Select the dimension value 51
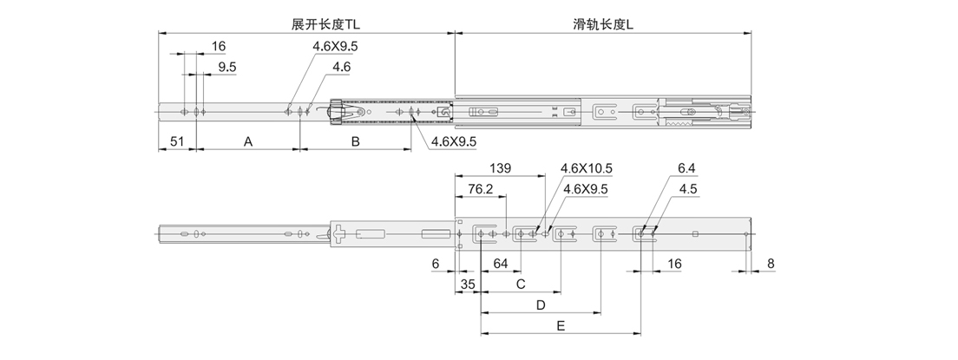tap(174, 141)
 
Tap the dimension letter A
tap(247, 141)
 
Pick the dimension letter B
tap(355, 141)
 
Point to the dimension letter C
tap(521, 284)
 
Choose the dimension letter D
tap(540, 305)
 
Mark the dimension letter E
tap(561, 326)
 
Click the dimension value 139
tap(502, 167)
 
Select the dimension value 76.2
tap(481, 188)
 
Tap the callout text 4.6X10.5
tap(587, 167)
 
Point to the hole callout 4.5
tap(688, 188)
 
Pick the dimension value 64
tap(502, 263)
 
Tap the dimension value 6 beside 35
tap(436, 263)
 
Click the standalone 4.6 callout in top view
tap(341, 67)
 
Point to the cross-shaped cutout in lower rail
tap(338, 233)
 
